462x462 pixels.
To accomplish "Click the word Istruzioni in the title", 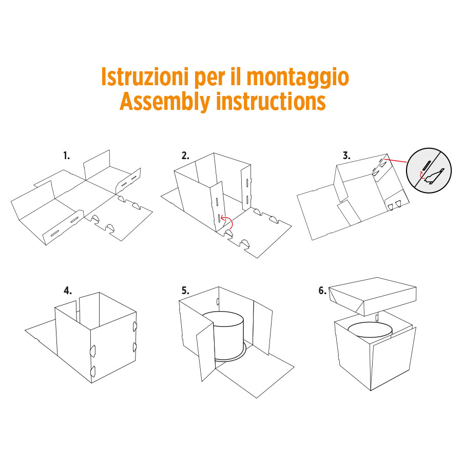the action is click(x=144, y=76).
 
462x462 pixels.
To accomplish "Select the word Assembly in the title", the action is click(x=165, y=102).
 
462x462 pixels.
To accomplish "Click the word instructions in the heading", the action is click(x=271, y=101).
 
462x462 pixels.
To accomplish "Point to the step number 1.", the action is click(x=67, y=156).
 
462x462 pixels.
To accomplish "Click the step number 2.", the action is click(x=185, y=156).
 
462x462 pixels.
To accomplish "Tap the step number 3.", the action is click(x=346, y=156).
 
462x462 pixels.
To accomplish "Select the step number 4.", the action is click(x=67, y=291).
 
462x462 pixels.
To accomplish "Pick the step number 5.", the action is click(x=185, y=291).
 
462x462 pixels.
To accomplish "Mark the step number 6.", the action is click(x=322, y=291).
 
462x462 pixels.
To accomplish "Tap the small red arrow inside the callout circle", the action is click(x=421, y=176).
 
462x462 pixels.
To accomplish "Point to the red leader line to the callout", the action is click(x=395, y=161).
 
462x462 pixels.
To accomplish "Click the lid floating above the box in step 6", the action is click(x=373, y=296).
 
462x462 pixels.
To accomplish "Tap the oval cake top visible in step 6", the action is click(x=370, y=331).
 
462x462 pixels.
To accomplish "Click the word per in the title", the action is click(x=209, y=79).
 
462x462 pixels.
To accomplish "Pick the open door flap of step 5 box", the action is click(x=205, y=351).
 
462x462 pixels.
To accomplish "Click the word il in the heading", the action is click(x=235, y=76).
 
